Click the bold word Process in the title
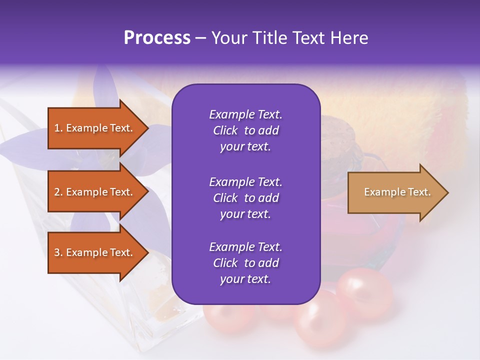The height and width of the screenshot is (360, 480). coord(157,38)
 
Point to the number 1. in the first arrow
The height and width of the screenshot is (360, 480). coord(58,128)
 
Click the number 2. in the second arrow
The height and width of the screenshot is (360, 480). coord(58,192)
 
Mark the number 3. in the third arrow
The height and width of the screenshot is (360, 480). coord(58,252)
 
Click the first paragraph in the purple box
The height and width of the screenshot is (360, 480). coord(245,130)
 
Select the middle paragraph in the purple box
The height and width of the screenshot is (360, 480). coord(245,198)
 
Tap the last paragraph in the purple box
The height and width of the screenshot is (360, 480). coord(245,263)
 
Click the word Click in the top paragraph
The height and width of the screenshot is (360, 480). coord(225,130)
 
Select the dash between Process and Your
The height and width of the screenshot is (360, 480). coord(200,38)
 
